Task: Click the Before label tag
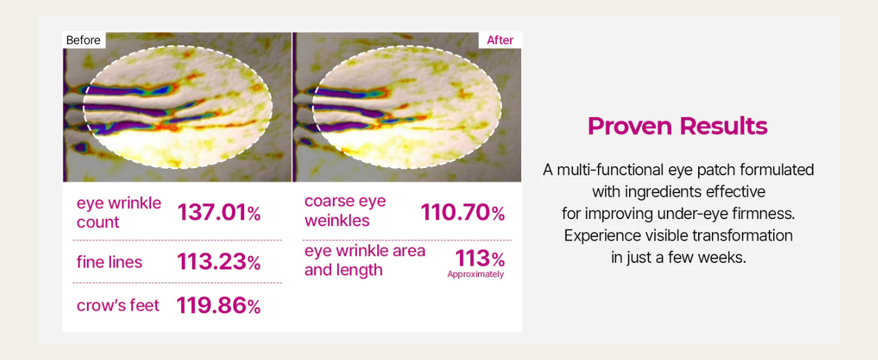[83, 40]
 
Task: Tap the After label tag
[500, 40]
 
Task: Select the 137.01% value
[219, 212]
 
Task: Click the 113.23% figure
[219, 262]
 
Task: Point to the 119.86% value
[219, 305]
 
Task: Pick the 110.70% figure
[462, 212]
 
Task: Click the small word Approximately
[476, 274]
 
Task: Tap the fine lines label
[109, 262]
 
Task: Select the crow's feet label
[118, 305]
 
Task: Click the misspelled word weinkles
[337, 221]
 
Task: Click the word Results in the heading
[723, 126]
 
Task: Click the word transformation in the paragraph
[742, 236]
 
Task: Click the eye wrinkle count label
[119, 212]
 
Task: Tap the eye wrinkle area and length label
[365, 260]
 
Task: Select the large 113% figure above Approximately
[480, 259]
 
